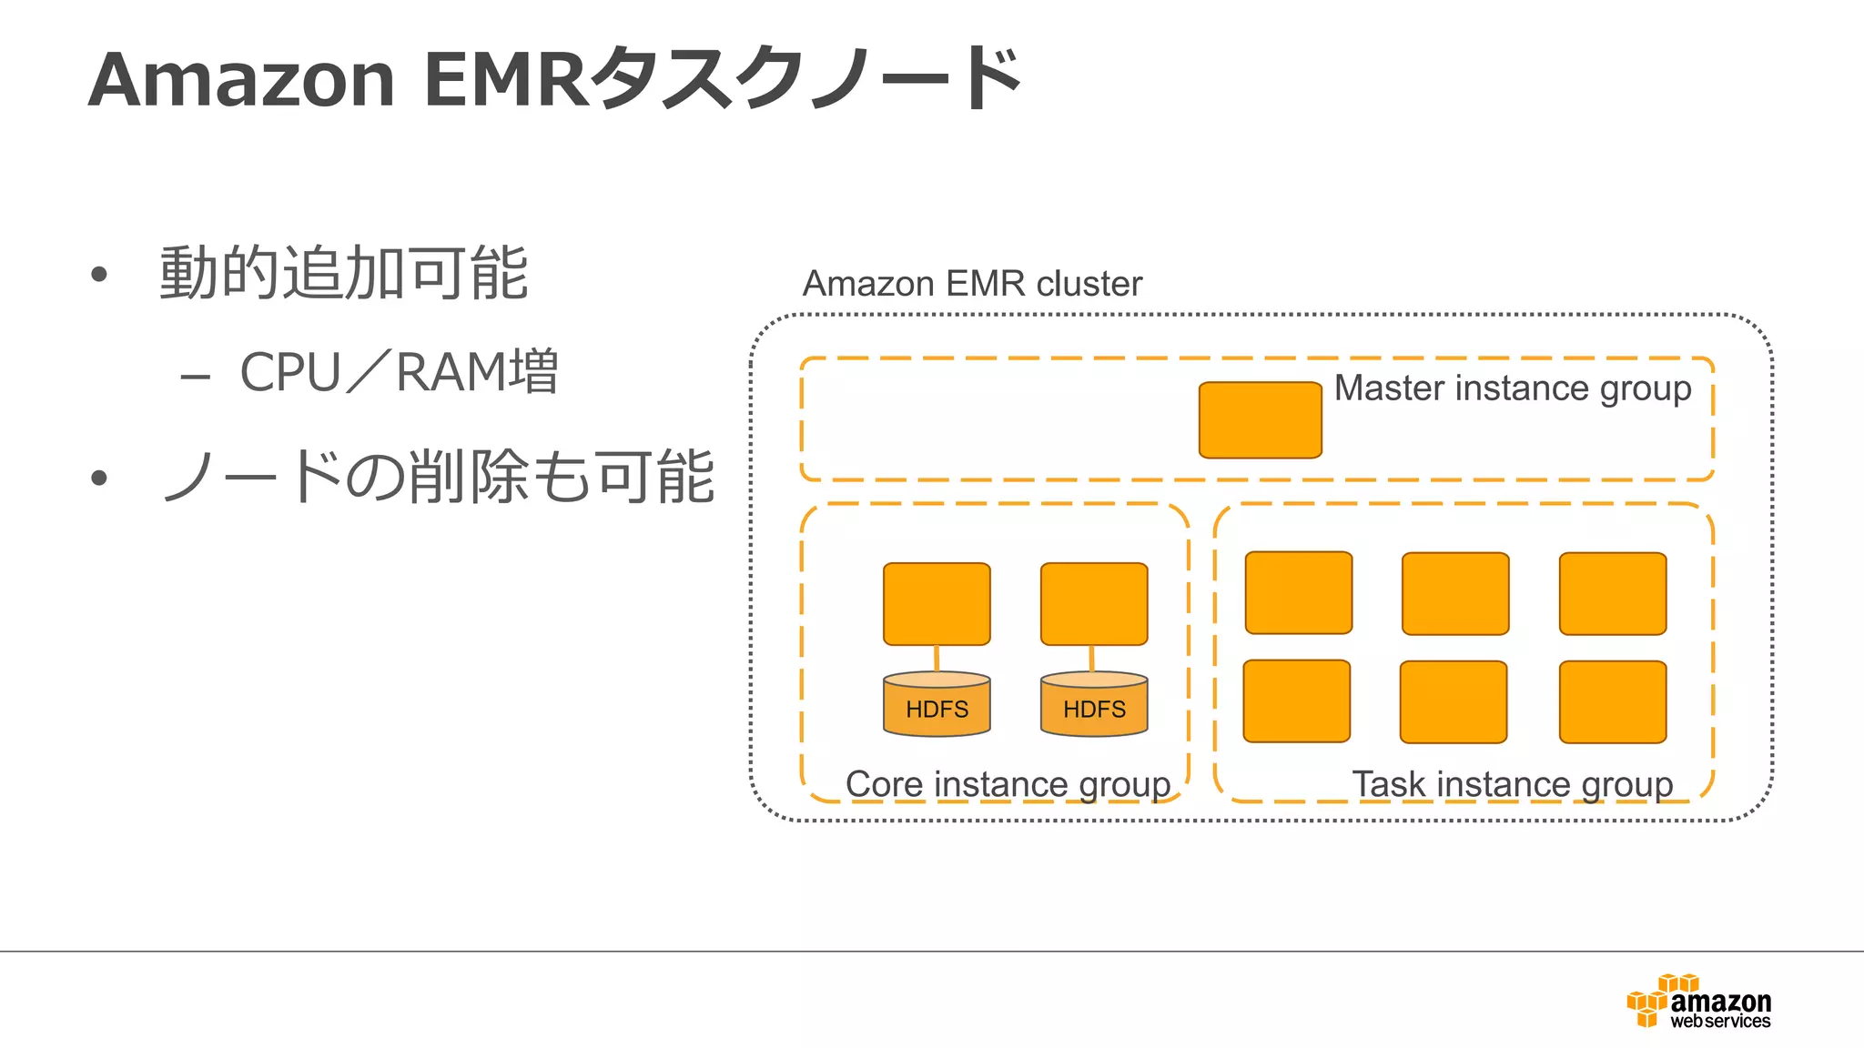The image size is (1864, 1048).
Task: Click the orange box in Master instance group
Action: pos(1260,420)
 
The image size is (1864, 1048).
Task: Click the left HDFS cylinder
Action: pos(937,705)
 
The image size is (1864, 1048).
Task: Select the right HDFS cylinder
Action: pos(1094,705)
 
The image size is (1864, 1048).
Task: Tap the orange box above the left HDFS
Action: pos(937,604)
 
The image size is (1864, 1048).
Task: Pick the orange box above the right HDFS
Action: pos(1094,604)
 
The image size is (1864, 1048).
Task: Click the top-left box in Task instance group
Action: pos(1298,592)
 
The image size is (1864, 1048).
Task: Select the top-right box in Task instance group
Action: pos(1612,593)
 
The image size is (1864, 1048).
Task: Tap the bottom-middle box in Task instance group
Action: pos(1454,701)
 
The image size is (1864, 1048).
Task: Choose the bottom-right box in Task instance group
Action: pos(1612,701)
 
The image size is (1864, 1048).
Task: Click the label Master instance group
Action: pos(1512,388)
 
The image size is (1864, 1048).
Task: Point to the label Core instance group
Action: pos(1008,784)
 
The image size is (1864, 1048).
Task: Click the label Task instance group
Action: pos(1512,784)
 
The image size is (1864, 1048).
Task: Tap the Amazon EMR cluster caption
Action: pos(971,284)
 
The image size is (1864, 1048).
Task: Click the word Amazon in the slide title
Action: pos(242,80)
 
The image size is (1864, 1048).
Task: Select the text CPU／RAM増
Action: pos(399,372)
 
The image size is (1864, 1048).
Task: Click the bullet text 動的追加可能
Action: pos(343,273)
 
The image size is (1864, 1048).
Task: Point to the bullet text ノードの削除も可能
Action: pos(437,477)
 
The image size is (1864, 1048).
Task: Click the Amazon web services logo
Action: pos(1698,1003)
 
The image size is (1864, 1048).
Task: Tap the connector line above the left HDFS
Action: pos(937,659)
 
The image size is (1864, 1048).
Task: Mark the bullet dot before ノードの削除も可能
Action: pos(99,479)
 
